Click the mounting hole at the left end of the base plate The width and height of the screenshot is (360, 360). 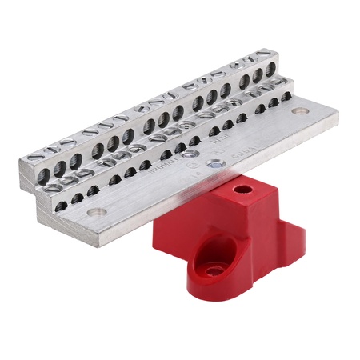tap(96, 212)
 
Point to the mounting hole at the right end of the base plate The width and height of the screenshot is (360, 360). tap(299, 112)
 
